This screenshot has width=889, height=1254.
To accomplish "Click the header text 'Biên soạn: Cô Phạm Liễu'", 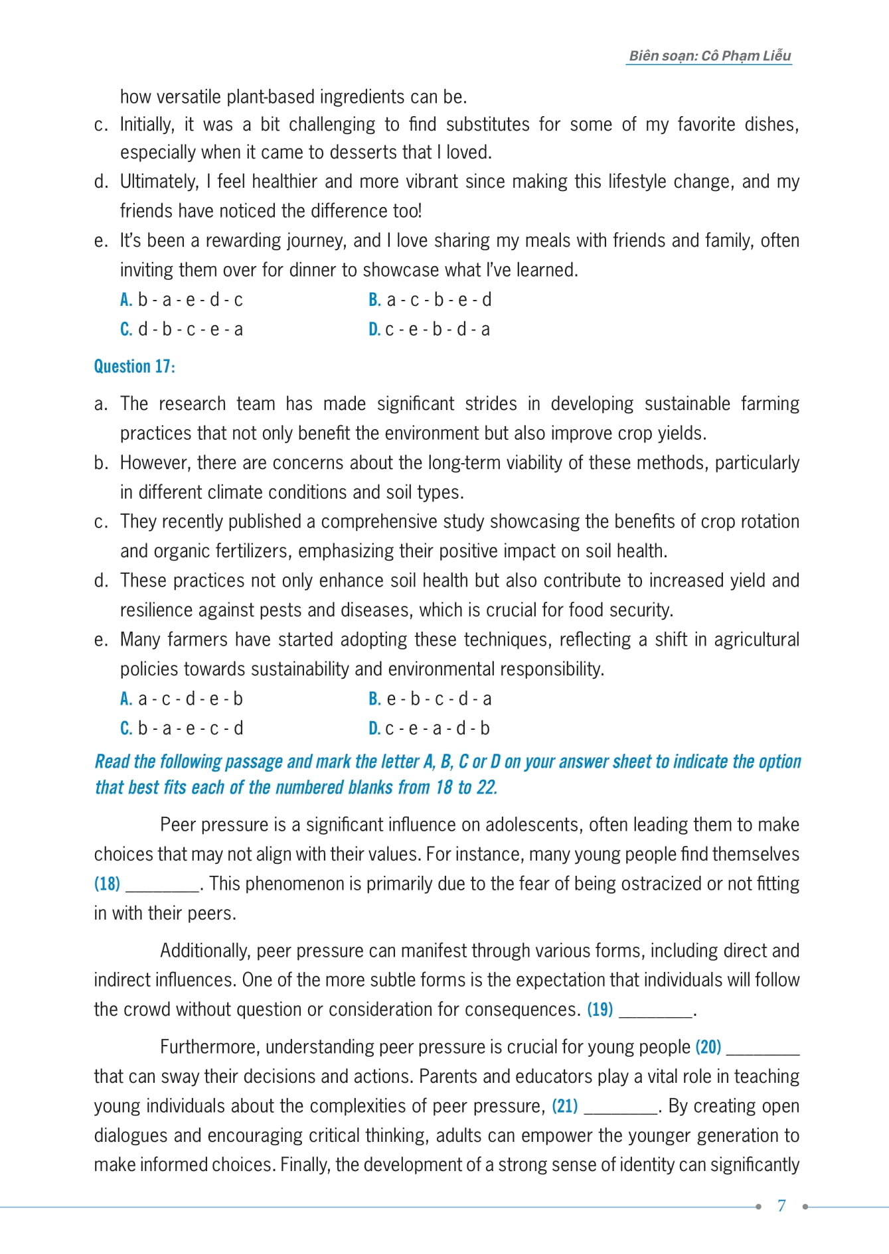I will (x=709, y=56).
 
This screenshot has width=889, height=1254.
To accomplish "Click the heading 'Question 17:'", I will (x=134, y=366).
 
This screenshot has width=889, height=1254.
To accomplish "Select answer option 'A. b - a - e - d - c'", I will (x=181, y=300).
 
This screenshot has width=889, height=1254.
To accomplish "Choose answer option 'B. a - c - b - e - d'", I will (x=430, y=300).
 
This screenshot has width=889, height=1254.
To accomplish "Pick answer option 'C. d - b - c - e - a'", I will (x=181, y=329).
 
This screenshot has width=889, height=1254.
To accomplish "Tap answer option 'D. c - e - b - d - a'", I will (x=429, y=329).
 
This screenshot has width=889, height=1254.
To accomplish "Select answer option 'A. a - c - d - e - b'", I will (x=181, y=699).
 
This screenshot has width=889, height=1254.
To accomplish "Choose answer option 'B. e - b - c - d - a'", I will (x=430, y=699).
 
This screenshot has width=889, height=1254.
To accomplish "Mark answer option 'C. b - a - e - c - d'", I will (x=181, y=729).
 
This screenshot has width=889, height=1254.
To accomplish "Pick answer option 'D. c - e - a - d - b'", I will (x=429, y=729).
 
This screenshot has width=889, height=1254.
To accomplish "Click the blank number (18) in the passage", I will (x=107, y=884).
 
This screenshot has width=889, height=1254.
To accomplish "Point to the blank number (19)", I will (x=600, y=1010).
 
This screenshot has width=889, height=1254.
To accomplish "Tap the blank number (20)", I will (x=708, y=1047).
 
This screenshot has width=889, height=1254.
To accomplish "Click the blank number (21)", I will (x=564, y=1106).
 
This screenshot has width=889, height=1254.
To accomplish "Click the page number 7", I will (x=781, y=1206).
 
